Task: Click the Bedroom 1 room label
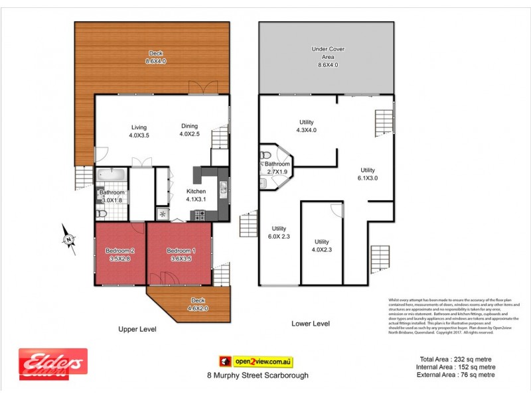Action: [181, 254]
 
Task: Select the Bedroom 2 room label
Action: [120, 254]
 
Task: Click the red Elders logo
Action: [52, 363]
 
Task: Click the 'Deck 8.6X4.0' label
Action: [156, 58]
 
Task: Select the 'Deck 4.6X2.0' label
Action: [198, 304]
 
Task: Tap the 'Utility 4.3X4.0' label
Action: [306, 126]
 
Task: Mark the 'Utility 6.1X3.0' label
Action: [368, 173]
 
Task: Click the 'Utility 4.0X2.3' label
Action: [322, 246]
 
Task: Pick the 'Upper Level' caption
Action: [137, 328]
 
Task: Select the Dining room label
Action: [190, 131]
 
